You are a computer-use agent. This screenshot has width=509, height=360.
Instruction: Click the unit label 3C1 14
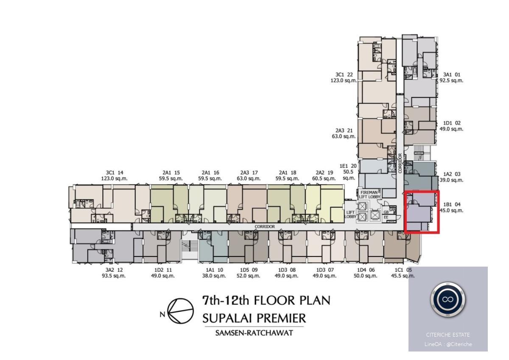coord(114,173)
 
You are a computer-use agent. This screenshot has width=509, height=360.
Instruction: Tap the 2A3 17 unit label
coord(249,173)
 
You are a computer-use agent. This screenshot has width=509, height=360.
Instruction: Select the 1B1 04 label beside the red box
coord(452,205)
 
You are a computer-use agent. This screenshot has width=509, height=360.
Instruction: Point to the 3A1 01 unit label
coord(451,75)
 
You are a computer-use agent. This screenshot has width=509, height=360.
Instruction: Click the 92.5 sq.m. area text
coord(451,81)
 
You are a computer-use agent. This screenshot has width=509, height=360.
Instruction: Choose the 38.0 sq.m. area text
coord(214,276)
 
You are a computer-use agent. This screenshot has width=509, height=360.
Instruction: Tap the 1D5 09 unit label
coord(249,270)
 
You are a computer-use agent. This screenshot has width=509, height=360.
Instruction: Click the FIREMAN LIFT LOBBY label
coord(369,194)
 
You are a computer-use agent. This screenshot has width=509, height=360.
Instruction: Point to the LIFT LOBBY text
coord(350,214)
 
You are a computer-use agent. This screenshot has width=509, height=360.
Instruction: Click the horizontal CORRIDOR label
coord(265,227)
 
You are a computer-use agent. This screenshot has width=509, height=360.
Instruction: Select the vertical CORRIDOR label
coord(400,163)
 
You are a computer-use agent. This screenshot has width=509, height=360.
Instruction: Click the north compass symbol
coord(180,311)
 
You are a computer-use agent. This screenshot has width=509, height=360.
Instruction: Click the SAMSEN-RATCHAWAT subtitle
coord(254,333)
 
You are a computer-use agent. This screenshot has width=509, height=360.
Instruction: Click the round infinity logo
coord(447,299)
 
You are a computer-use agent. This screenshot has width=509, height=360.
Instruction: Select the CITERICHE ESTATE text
coord(448,335)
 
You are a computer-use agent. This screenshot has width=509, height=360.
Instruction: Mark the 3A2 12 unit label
coord(114,270)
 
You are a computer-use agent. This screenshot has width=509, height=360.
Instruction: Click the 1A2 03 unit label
coord(452,174)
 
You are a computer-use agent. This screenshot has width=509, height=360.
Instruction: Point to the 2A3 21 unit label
coord(344,130)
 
